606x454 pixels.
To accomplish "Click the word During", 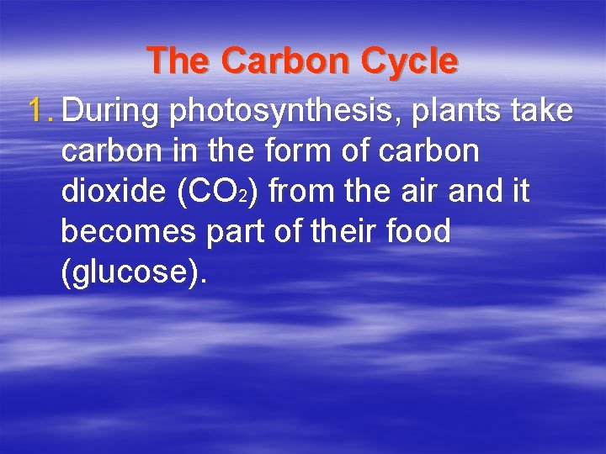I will tap(113, 110).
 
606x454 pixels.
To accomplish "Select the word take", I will tap(544, 110).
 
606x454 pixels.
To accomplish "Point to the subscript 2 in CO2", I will tap(242, 198).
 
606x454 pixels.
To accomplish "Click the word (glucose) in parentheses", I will tap(133, 272).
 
